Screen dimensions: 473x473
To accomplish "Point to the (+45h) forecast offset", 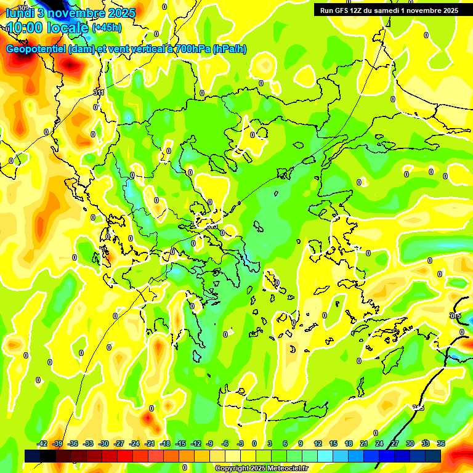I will pos(107,28).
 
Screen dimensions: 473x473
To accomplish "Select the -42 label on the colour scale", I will pos(42,444).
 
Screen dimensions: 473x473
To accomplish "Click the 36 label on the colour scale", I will pos(441,444).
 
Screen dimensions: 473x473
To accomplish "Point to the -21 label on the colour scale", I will pos(150,444).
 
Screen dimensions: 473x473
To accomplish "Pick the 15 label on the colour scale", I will pos(333,444).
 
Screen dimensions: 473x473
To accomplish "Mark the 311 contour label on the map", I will pos(99,92).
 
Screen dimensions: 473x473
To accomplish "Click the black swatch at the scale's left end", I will pos(33,456).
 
